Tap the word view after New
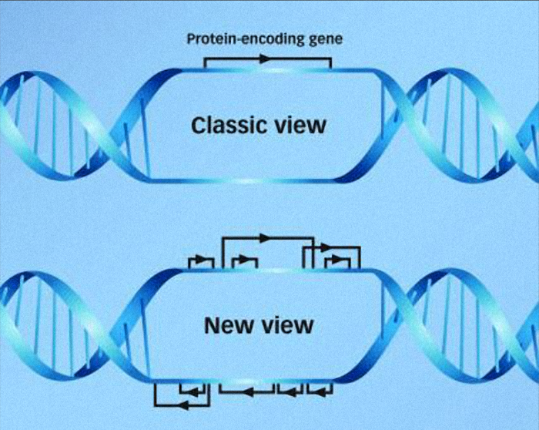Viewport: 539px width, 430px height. coord(286,325)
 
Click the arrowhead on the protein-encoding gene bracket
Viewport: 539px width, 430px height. coord(266,59)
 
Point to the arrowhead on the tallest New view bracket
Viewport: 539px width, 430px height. coord(266,237)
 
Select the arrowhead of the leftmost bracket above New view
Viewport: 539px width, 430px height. coord(200,258)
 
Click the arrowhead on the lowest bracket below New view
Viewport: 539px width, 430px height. coord(183,405)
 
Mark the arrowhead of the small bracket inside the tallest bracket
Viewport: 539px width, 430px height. coord(244,259)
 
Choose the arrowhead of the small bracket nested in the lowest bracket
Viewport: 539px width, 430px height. coord(193,391)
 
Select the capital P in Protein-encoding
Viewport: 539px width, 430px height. coord(190,39)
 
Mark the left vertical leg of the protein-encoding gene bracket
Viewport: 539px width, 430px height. coord(204,63)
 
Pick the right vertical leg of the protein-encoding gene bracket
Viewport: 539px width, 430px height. coord(330,63)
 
